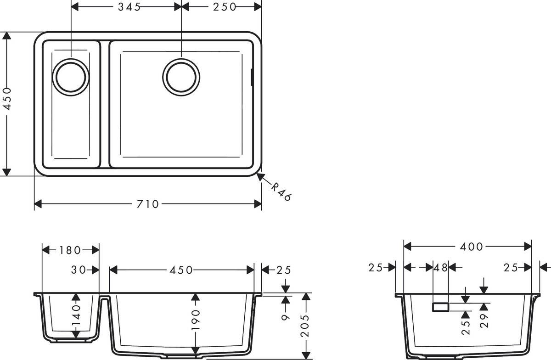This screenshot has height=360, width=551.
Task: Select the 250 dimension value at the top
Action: tap(224, 7)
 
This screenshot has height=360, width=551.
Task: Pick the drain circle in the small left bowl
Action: tap(71, 77)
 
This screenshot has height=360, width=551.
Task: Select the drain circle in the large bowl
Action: tap(181, 76)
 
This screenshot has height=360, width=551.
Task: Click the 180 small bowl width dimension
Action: tap(70, 250)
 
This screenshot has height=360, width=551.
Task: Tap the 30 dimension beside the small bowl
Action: tap(79, 270)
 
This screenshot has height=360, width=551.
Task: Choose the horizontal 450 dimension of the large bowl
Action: tap(181, 270)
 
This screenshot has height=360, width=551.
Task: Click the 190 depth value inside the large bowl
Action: tap(196, 320)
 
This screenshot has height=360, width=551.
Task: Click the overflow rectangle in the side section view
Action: tap(440, 307)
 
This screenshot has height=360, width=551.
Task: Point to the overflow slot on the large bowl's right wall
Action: tap(251, 77)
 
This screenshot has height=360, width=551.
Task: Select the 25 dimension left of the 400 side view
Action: tap(376, 268)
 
